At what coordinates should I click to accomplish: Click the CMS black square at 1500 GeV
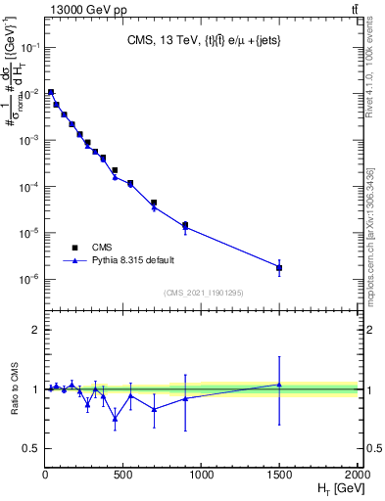pos(279,267)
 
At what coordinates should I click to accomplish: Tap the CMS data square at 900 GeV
pos(185,225)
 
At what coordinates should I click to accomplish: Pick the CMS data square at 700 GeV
pos(154,203)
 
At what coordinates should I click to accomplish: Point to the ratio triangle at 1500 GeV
pos(279,385)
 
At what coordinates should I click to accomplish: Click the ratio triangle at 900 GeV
pos(185,398)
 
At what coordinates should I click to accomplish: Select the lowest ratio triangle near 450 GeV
pos(115,419)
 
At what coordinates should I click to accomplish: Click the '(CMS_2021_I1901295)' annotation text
pos(204,293)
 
